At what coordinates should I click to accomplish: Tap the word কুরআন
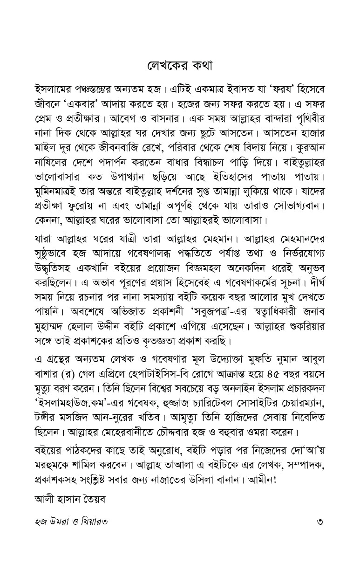pyautogui.click(x=307, y=151)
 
